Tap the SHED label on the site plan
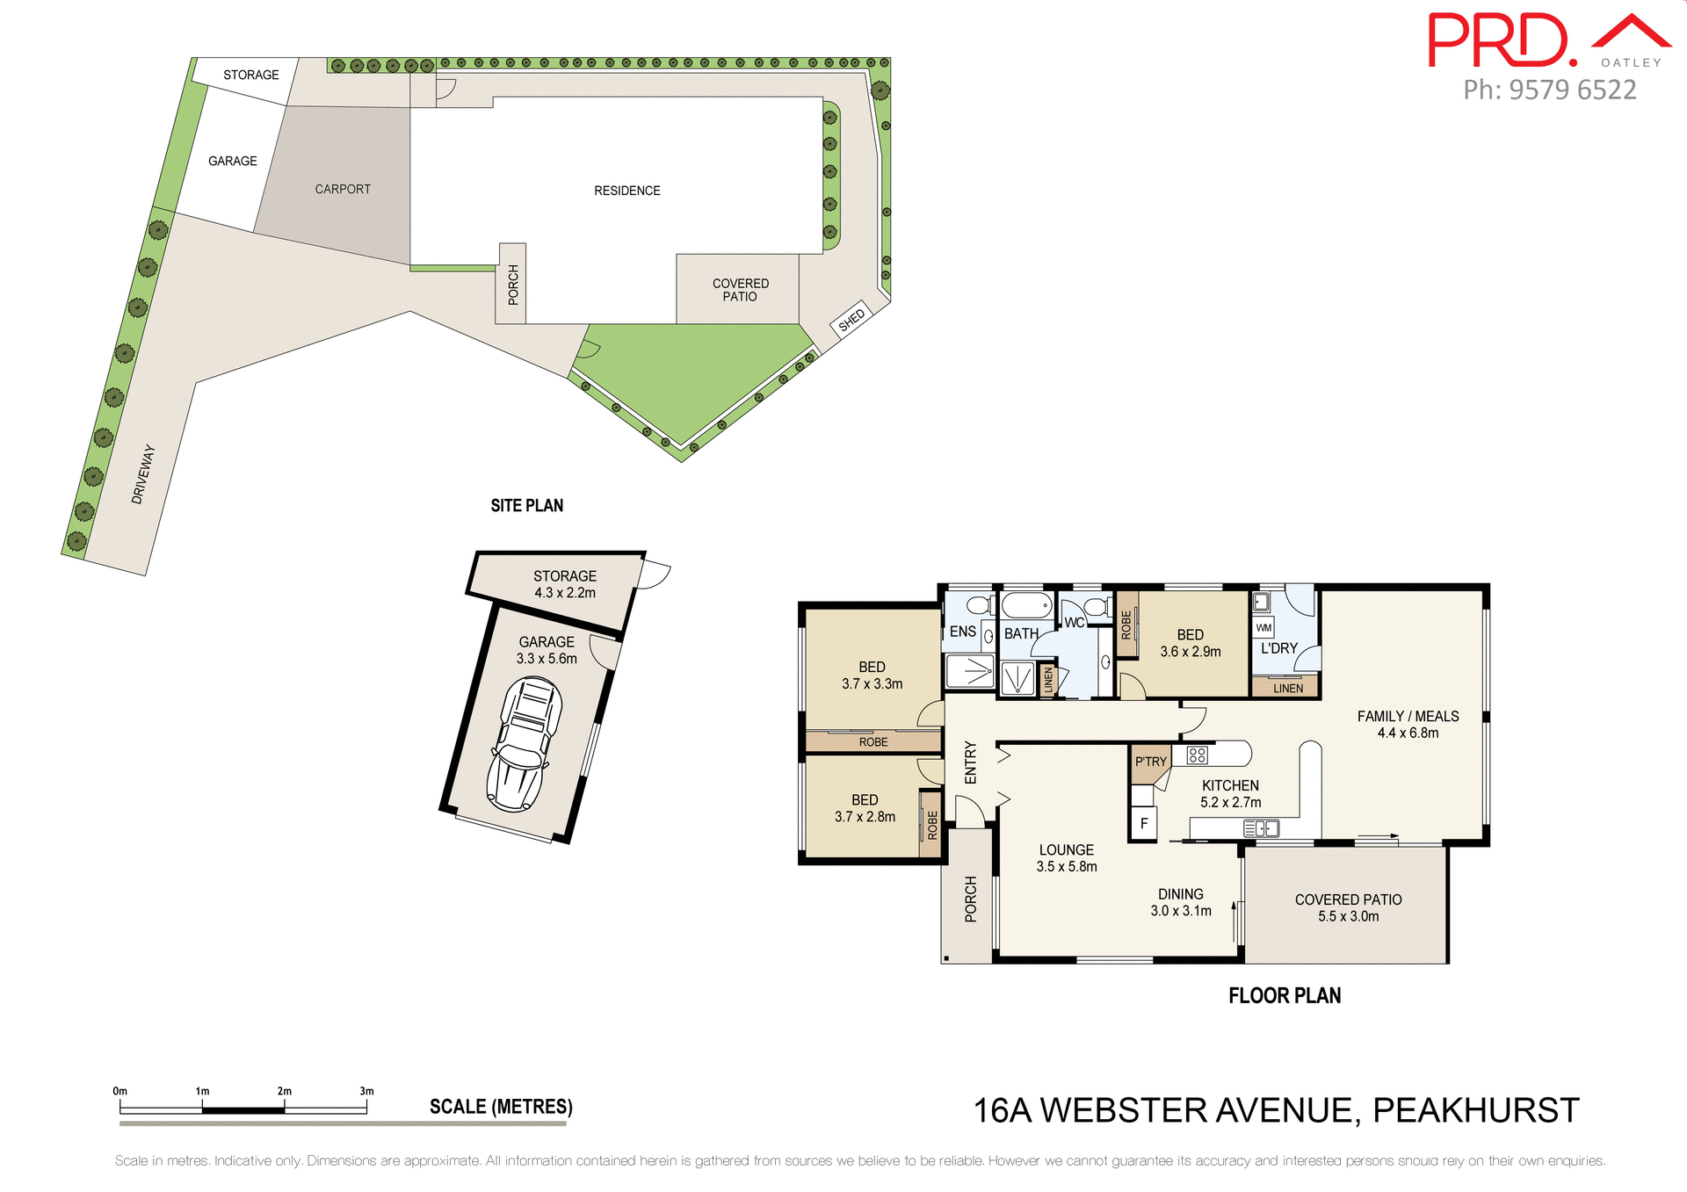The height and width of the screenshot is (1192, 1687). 851,321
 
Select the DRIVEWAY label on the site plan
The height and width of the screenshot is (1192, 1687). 143,474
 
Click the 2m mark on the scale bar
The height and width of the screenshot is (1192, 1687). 285,1092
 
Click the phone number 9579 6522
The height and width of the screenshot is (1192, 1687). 1572,90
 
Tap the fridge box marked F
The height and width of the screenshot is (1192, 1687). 1143,824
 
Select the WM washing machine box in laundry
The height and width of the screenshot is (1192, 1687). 1263,628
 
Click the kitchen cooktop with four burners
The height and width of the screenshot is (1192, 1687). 1197,755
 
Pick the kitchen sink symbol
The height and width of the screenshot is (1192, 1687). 1262,828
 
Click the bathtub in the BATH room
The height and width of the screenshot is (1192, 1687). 1026,605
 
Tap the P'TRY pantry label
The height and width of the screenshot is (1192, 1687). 1150,762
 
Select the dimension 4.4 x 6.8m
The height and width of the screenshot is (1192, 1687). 1408,733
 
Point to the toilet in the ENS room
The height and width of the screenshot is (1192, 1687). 979,604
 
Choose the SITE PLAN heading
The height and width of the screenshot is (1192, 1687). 526,506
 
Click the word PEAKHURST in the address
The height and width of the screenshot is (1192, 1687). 1475,1111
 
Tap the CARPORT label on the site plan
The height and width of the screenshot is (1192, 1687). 343,190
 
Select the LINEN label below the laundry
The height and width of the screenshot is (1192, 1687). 1287,689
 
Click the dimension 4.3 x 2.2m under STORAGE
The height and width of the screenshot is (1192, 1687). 565,593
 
